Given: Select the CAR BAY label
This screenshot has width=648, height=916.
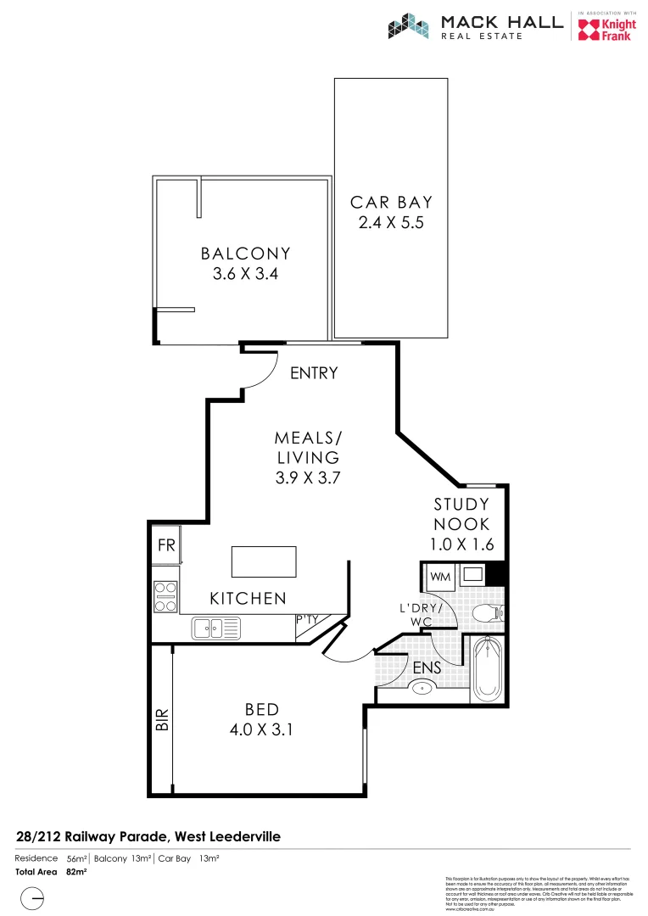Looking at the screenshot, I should coord(391,202).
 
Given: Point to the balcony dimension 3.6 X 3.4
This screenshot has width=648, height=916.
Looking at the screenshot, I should coord(245,274).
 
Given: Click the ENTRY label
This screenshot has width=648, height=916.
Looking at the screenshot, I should coord(314,373).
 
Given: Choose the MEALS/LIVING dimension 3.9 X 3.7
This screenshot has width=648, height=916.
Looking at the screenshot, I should coord(307,478).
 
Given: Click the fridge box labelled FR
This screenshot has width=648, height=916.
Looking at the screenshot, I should coord(166,546).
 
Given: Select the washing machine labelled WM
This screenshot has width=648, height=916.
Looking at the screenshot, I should coord(439,577).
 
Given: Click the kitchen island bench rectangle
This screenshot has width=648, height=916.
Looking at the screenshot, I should coord(265,561).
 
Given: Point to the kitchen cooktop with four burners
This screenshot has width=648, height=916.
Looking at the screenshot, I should coord(165,596).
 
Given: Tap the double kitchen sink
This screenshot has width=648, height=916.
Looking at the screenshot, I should coord(216,628).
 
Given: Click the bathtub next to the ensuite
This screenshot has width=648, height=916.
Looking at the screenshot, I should coord(487,671).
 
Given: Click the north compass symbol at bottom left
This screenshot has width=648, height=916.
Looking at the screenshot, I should coord(32,898).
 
